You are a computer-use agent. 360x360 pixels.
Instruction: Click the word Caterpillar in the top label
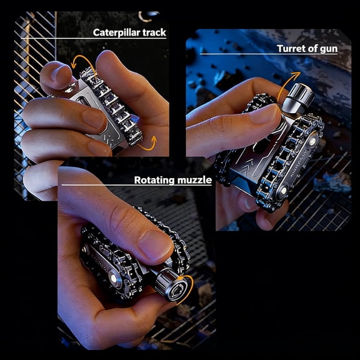tap(116, 32)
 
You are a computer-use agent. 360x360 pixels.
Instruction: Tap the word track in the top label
tap(153, 32)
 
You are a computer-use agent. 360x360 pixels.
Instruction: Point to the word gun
tap(328, 48)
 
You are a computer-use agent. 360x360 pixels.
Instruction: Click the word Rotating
tap(154, 181)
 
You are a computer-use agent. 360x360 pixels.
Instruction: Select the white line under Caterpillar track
tap(94, 41)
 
